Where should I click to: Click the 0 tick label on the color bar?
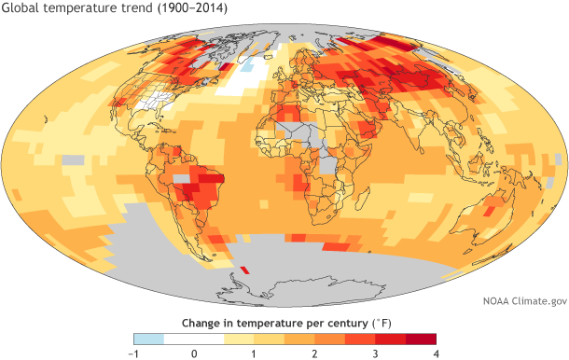[194, 353]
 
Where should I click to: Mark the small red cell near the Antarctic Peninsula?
[243, 270]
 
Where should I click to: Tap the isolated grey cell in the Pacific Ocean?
[74, 160]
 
